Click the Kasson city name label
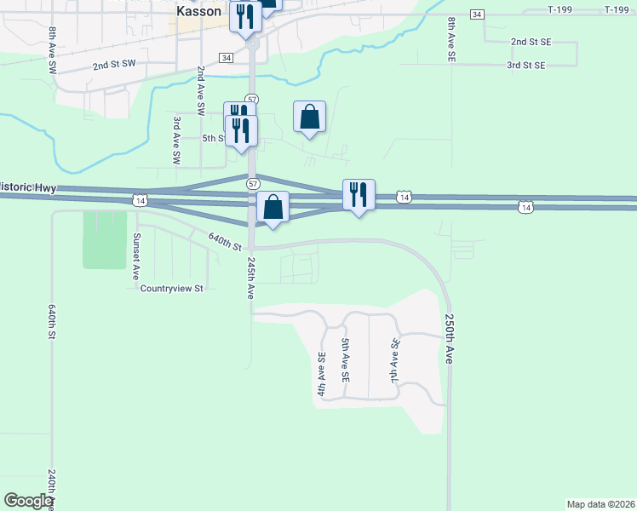tap(199, 12)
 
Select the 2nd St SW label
tap(114, 64)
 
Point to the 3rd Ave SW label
tap(177, 141)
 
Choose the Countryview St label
tap(172, 288)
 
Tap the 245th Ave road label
tap(251, 278)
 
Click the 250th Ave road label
tap(449, 340)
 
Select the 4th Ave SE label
tap(322, 375)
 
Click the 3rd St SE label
tap(525, 65)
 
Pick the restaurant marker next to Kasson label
tap(245, 17)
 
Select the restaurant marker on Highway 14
tap(359, 195)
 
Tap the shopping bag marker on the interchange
tap(273, 208)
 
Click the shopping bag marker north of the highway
tap(310, 117)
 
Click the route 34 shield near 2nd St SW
tap(226, 57)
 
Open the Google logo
tap(28, 501)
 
